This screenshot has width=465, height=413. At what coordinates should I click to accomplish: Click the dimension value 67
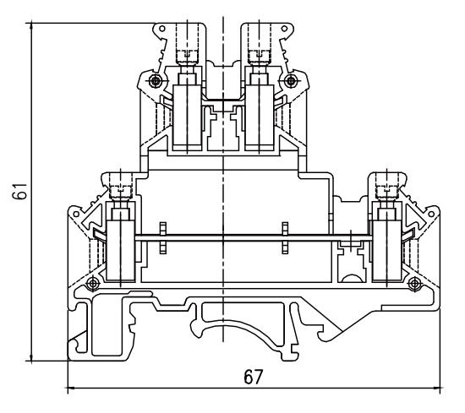(252, 378)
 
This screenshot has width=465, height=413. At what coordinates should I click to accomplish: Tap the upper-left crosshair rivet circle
(153, 81)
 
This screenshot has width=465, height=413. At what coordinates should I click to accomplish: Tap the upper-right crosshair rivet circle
(292, 81)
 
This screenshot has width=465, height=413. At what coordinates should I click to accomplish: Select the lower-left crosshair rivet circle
(91, 281)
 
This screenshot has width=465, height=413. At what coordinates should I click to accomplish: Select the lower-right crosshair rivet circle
(413, 281)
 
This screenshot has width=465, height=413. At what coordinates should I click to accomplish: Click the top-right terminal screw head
(255, 57)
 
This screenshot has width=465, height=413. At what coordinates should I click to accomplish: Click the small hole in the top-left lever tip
(160, 37)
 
